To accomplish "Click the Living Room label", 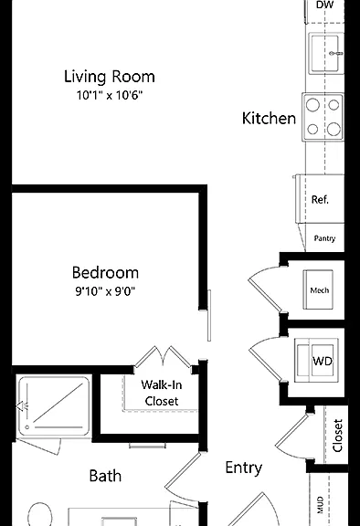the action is (x=110, y=77).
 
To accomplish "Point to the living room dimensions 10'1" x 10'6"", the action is (x=110, y=95).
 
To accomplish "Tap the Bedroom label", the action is (x=105, y=272).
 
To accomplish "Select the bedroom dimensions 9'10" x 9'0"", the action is (x=105, y=290).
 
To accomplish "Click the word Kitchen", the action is (x=269, y=119).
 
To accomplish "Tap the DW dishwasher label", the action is (x=324, y=5).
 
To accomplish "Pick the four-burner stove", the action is (x=323, y=117).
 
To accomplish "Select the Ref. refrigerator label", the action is (x=320, y=200).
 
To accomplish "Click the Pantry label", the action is (x=324, y=238).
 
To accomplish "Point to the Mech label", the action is (x=320, y=290).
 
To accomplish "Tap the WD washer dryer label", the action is (x=323, y=361).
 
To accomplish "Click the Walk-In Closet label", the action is (x=162, y=393).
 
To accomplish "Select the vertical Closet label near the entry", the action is (x=337, y=436).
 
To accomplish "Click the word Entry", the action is (x=244, y=468).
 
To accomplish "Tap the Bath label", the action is (x=105, y=476).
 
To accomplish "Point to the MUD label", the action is (x=321, y=505).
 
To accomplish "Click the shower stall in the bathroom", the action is (x=54, y=406).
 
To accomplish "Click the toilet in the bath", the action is (x=40, y=515).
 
